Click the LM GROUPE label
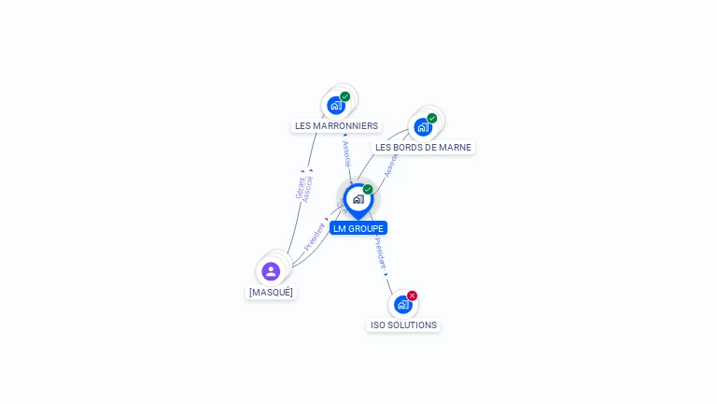pos(358,228)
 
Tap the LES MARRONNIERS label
pos(336,125)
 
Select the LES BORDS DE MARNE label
pos(423,147)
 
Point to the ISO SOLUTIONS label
pos(403,325)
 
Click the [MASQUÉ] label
pos(271,292)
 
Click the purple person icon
pos(271,271)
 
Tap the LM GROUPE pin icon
pos(358,199)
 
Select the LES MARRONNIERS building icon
pos(336,106)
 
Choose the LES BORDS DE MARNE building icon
pos(423,127)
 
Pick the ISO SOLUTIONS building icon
pos(402,305)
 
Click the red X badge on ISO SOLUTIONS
pos(412,296)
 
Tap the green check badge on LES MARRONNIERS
pos(345,96)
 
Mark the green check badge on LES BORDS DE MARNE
pos(432,118)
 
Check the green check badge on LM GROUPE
pos(368,189)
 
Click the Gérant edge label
pos(300,187)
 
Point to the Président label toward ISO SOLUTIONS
pos(379,253)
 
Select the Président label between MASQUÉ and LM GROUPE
pos(315,236)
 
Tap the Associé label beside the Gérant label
pos(309,188)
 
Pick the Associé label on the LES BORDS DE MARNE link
pos(390,165)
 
